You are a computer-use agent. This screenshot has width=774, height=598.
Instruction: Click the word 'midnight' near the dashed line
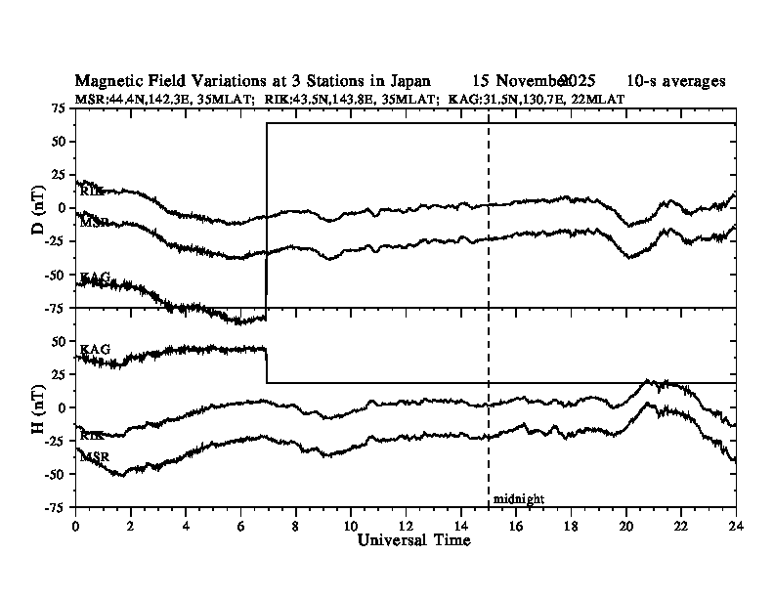click(518, 498)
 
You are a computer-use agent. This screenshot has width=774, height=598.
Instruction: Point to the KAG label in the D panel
click(95, 278)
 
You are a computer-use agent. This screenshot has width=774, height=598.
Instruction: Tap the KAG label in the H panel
click(95, 349)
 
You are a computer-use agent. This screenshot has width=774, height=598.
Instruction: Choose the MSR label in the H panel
click(95, 456)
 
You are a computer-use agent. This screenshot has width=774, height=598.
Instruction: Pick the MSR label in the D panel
click(95, 224)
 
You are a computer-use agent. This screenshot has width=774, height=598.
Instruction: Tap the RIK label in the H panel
click(92, 436)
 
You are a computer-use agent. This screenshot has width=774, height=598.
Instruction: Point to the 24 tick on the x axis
click(736, 525)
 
